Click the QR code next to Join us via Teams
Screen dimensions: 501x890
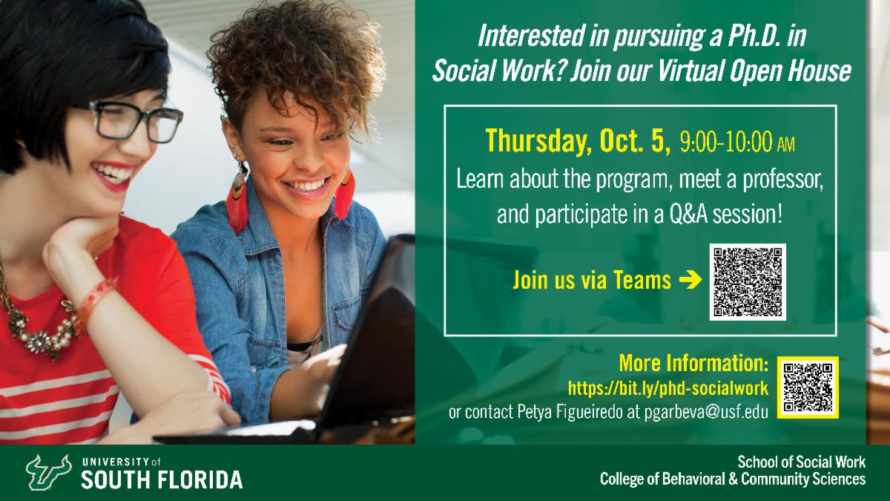(747, 282)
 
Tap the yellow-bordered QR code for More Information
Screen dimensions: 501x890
(808, 387)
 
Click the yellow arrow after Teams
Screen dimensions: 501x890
(690, 281)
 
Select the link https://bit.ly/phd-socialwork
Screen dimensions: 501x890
(667, 387)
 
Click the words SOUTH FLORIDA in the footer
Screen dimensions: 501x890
(162, 479)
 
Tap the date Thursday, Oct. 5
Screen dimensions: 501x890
(578, 140)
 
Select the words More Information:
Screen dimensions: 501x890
(693, 365)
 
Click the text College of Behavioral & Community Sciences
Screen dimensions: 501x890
(732, 479)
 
